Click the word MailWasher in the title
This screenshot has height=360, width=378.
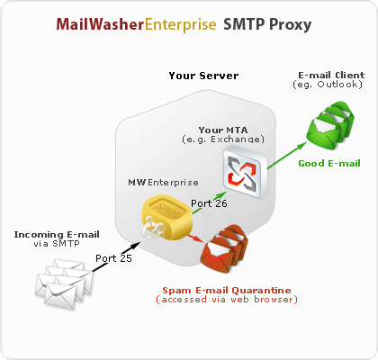pyautogui.click(x=100, y=24)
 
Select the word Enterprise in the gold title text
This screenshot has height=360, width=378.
pyautogui.click(x=180, y=25)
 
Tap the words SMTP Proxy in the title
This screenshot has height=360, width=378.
pyautogui.click(x=267, y=25)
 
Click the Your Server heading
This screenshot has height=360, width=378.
pyautogui.click(x=203, y=76)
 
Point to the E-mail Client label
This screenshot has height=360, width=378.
pyautogui.click(x=331, y=75)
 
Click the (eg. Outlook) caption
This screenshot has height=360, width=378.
pyautogui.click(x=328, y=85)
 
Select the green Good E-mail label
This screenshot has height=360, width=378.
pyautogui.click(x=329, y=164)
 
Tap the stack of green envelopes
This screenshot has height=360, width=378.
pyautogui.click(x=330, y=125)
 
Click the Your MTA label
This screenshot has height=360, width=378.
pyautogui.click(x=223, y=130)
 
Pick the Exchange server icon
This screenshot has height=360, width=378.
pyautogui.click(x=245, y=171)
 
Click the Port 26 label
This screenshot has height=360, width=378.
pyautogui.click(x=209, y=203)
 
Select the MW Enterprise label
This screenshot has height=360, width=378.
pyautogui.click(x=163, y=183)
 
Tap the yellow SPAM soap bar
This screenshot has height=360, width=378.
pyautogui.click(x=166, y=217)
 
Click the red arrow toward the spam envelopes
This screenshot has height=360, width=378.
pyautogui.click(x=196, y=238)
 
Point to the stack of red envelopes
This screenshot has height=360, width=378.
pyautogui.click(x=224, y=248)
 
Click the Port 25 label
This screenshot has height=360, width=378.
pyautogui.click(x=113, y=258)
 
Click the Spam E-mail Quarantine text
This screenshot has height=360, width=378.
pyautogui.click(x=227, y=291)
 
